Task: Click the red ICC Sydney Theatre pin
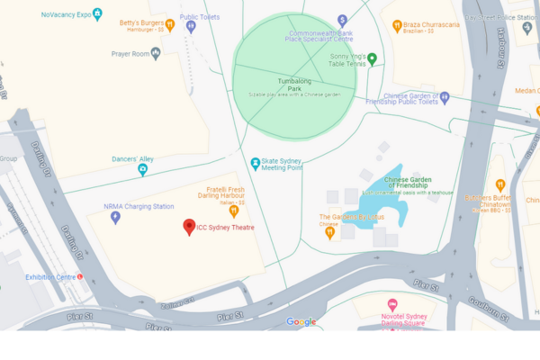(189, 227)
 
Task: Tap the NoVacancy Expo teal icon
(97, 14)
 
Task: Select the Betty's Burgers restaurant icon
(169, 24)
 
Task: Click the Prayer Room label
(130, 53)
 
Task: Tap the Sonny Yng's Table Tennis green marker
(372, 59)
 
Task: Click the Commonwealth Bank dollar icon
(342, 20)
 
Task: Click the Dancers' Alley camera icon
(142, 169)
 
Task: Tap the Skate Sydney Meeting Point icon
(256, 163)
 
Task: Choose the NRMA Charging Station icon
(114, 217)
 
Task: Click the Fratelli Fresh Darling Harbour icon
(233, 212)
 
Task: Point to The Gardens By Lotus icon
(330, 232)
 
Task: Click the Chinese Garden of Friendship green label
(408, 183)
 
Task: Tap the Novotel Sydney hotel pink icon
(391, 305)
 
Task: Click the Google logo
(301, 322)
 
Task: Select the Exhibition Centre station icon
(80, 277)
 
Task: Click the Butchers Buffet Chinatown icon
(500, 185)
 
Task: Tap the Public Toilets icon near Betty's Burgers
(191, 26)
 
